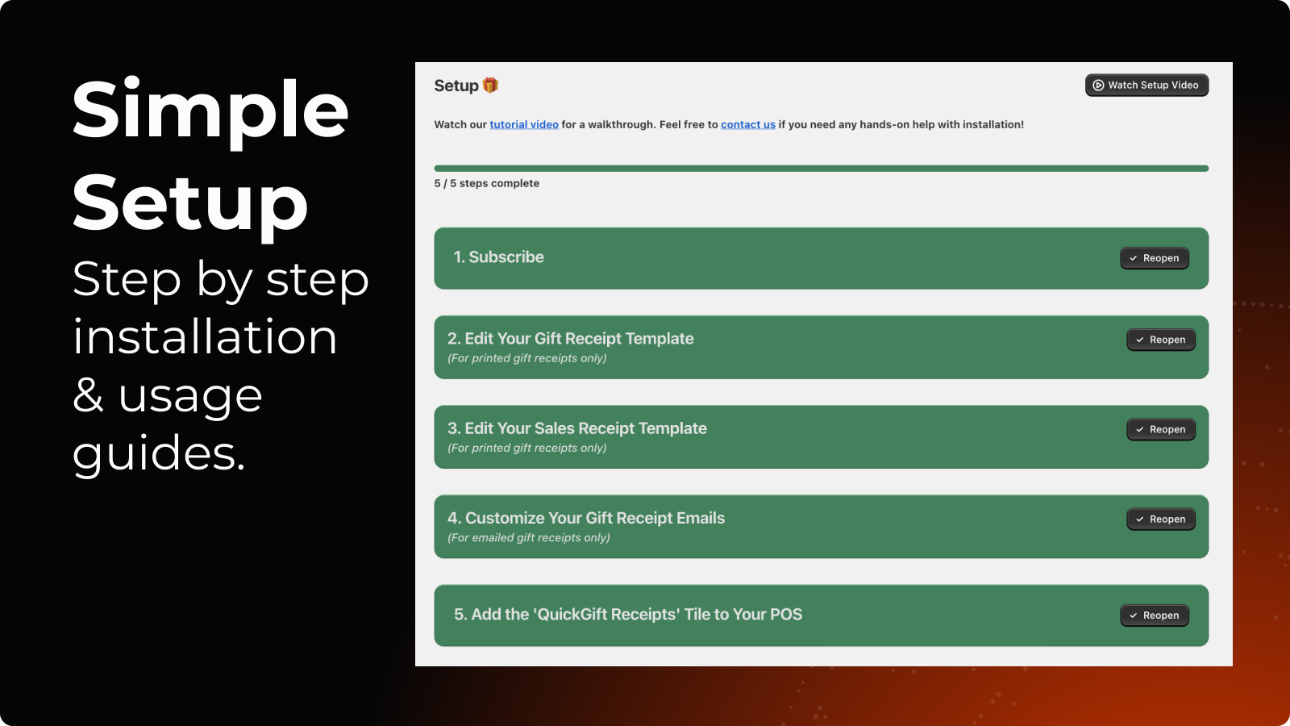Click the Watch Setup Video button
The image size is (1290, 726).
coord(1146,86)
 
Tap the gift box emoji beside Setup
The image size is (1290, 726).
coord(490,86)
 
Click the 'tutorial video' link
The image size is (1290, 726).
coord(524,124)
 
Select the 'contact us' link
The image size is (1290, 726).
coord(748,124)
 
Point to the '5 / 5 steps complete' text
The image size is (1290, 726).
coord(487,183)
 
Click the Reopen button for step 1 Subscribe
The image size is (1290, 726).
coord(1155,258)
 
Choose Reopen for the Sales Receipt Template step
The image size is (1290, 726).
coord(1161,429)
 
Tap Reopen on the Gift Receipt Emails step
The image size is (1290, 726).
coord(1161,519)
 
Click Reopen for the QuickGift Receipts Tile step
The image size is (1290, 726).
coord(1155,615)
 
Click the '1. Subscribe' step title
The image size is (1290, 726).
coord(499,257)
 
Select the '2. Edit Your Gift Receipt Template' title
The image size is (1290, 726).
coord(571,339)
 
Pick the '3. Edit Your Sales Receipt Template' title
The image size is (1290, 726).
coord(577,428)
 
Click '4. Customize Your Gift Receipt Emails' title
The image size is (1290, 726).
coord(586,519)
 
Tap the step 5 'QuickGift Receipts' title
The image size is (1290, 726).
coord(628,614)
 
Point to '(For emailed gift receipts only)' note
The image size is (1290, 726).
coord(529,537)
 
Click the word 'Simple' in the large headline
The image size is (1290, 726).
coord(210,112)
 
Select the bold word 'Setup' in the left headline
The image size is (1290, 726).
coord(190,206)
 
